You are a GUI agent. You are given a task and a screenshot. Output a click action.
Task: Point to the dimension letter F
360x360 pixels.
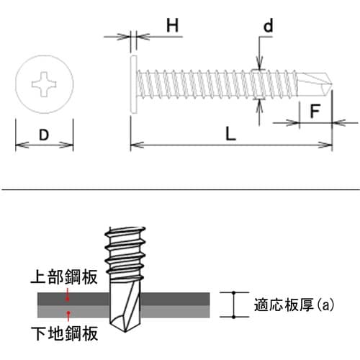tap(315, 111)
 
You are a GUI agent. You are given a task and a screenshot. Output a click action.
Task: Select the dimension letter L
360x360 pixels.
tap(230, 134)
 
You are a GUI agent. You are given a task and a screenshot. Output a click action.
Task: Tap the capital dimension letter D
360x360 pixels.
tap(44, 135)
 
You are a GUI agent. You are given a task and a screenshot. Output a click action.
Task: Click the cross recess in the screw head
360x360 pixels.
tap(44, 84)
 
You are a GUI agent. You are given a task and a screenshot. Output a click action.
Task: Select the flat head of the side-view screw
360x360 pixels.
tap(133, 84)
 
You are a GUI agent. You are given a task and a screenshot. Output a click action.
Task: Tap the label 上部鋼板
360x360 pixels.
tap(64, 277)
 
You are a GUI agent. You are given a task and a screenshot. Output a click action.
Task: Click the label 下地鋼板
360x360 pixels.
tap(64, 333)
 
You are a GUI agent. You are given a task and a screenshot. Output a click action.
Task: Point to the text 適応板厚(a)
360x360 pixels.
tap(294, 305)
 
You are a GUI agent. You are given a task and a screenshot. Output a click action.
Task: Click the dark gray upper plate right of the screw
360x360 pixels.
tap(175, 299)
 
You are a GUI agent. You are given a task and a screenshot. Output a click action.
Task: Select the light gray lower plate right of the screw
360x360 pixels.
tap(175, 311)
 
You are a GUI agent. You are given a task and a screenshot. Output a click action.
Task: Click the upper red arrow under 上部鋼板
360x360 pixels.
tap(68, 294)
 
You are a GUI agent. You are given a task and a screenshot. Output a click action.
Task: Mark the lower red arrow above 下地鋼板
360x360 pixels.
tap(68, 316)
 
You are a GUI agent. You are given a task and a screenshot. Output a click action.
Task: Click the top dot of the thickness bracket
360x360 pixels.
tap(234, 292)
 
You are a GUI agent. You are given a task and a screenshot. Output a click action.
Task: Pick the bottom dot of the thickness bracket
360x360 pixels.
tap(234, 317)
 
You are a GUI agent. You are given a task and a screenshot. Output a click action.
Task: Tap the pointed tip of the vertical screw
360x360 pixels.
tap(125, 331)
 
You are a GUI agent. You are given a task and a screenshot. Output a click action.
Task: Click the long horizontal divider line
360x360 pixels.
tap(180, 189)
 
